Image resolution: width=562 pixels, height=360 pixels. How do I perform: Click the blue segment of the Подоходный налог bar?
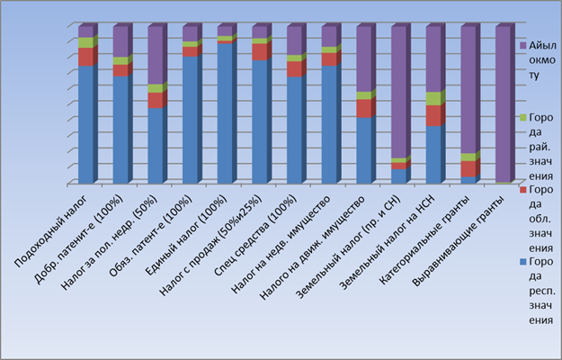pyautogui.click(x=85, y=124)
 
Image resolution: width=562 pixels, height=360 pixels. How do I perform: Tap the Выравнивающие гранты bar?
pyautogui.click(x=504, y=103)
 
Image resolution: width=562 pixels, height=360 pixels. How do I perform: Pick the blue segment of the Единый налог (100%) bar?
pyautogui.click(x=225, y=112)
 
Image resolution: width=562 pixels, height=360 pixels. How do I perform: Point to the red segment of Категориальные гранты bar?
pyautogui.click(x=469, y=168)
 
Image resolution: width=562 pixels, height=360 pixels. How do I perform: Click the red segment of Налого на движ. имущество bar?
pyautogui.click(x=365, y=108)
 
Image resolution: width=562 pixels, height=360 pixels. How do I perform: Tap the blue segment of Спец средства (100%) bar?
pyautogui.click(x=295, y=130)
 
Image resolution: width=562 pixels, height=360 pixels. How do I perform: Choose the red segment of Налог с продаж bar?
pyautogui.click(x=260, y=52)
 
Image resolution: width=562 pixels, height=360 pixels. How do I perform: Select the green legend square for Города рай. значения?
pyautogui.click(x=523, y=118)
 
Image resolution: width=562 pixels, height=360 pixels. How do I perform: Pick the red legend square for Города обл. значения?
pyautogui.click(x=523, y=190)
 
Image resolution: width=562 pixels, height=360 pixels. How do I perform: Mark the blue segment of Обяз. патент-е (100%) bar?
pyautogui.click(x=190, y=119)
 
